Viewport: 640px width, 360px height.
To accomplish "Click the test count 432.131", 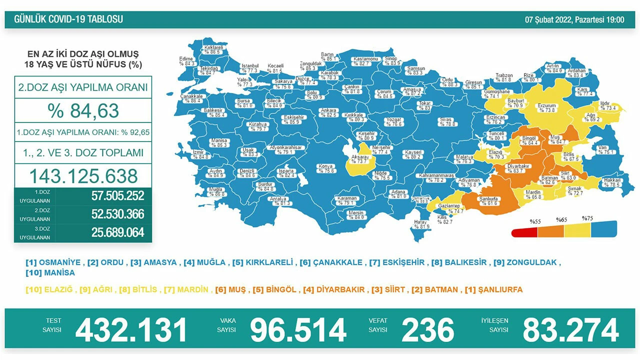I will (x=131, y=330).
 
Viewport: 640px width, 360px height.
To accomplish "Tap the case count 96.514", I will (x=298, y=330).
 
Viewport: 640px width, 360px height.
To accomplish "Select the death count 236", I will (x=428, y=330).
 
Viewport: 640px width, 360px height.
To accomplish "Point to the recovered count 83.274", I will (x=570, y=330).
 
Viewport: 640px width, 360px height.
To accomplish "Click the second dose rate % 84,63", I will (x=83, y=110).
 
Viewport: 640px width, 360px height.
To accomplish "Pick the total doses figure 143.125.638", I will (x=83, y=176).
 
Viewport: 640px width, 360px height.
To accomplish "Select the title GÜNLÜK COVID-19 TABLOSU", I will (x=68, y=19).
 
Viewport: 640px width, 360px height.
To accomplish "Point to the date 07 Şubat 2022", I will (x=547, y=19).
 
